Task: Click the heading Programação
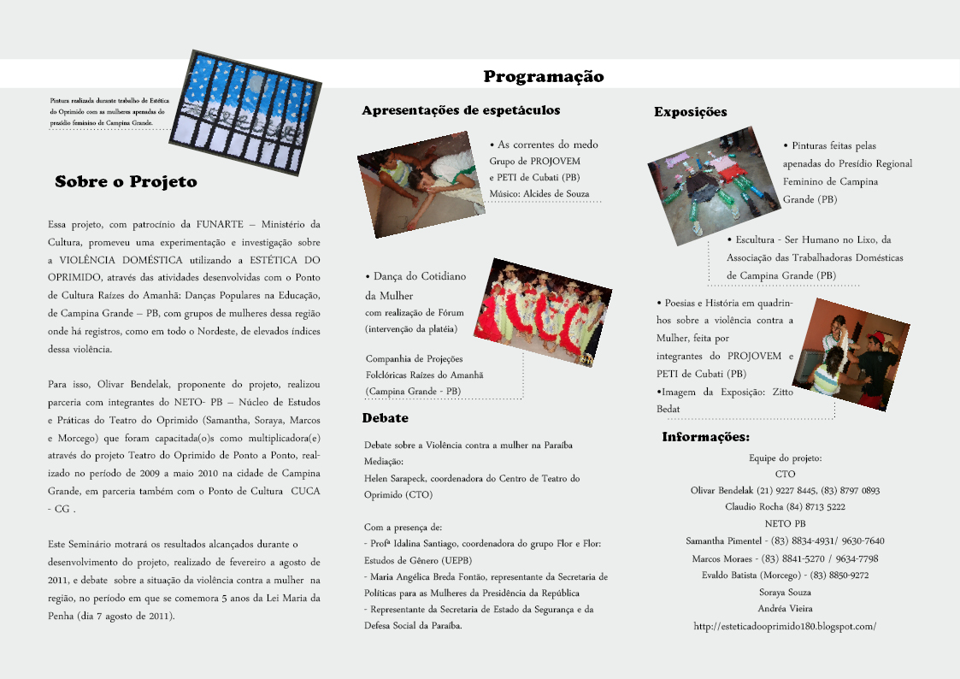[544, 77]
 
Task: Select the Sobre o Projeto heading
[126, 182]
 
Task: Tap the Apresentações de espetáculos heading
[461, 110]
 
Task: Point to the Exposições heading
[691, 112]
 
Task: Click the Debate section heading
[385, 418]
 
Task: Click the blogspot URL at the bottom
[785, 626]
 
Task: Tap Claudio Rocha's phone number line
[785, 507]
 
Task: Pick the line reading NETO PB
[785, 523]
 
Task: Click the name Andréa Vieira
[785, 609]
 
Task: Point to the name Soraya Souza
[785, 592]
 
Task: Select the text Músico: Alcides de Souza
[539, 194]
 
